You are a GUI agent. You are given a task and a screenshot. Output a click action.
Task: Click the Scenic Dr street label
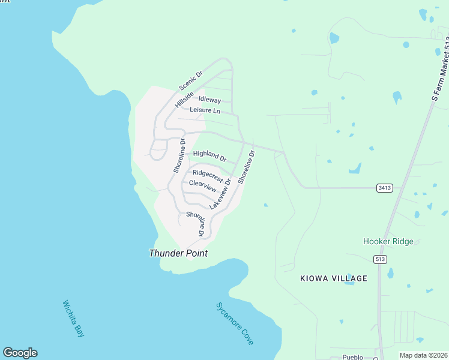pyautogui.click(x=191, y=81)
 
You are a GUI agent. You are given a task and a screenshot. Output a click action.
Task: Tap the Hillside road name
pyautogui.click(x=184, y=100)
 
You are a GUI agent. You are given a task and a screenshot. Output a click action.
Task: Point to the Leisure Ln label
pyautogui.click(x=205, y=110)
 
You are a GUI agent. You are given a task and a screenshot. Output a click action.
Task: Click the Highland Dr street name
pyautogui.click(x=209, y=157)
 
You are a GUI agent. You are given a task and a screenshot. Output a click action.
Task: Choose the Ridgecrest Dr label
pyautogui.click(x=212, y=176)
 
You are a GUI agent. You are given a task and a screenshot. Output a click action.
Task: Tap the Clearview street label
pyautogui.click(x=202, y=186)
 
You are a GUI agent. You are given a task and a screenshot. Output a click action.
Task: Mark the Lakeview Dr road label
pyautogui.click(x=220, y=193)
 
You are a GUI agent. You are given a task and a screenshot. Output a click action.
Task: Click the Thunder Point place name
pyautogui.click(x=178, y=253)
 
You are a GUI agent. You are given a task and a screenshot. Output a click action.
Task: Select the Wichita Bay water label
pyautogui.click(x=73, y=318)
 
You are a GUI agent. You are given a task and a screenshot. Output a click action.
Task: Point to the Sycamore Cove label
pyautogui.click(x=235, y=323)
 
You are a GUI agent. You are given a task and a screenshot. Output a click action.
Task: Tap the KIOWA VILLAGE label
pyautogui.click(x=333, y=278)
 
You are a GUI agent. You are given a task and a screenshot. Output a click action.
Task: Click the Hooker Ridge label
pyautogui.click(x=388, y=241)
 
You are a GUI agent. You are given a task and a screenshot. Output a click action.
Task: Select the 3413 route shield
pyautogui.click(x=385, y=188)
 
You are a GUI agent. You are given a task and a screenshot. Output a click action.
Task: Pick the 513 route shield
pyautogui.click(x=379, y=259)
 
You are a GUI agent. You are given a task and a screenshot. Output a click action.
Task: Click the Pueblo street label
pyautogui.click(x=353, y=357)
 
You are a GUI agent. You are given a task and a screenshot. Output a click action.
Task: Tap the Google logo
pyautogui.click(x=20, y=353)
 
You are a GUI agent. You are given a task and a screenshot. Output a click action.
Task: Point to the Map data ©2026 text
pyautogui.click(x=423, y=355)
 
